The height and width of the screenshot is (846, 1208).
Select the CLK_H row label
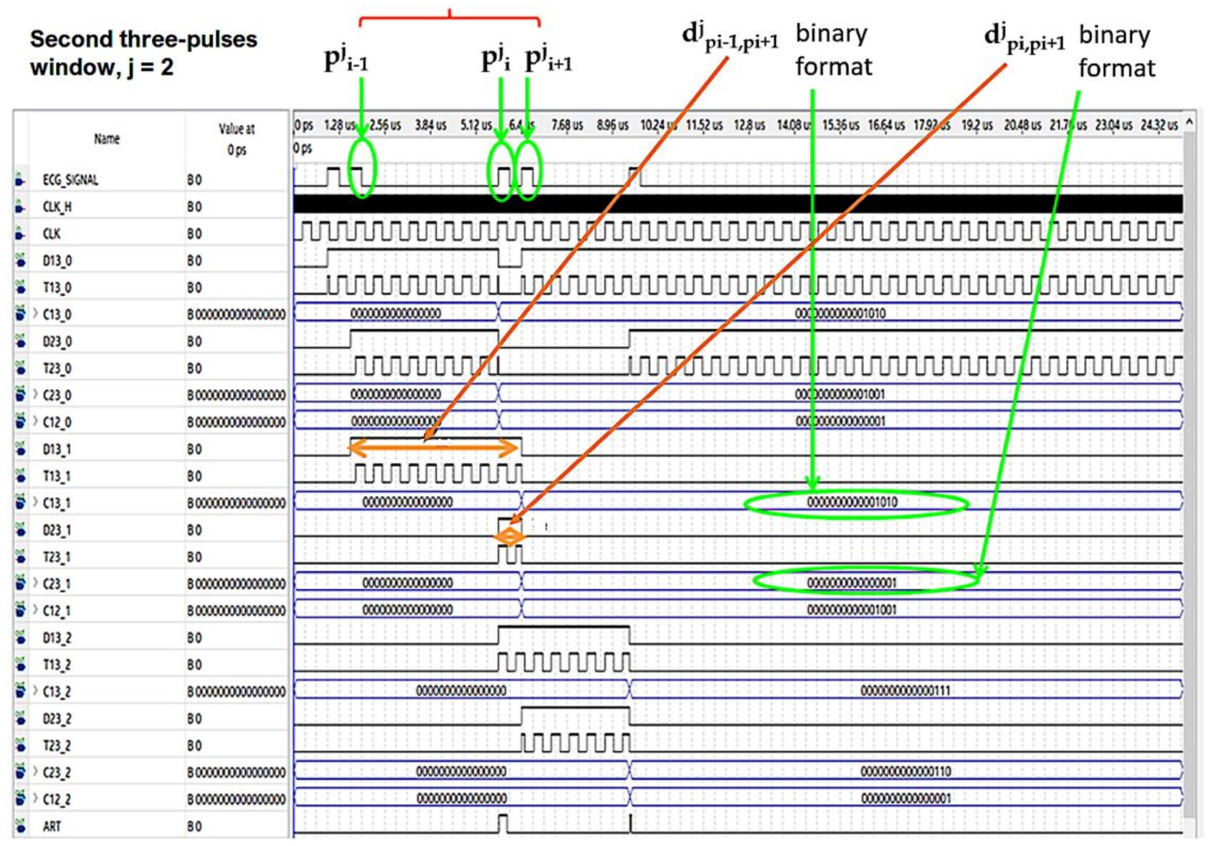57,207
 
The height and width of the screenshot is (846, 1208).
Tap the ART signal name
52,826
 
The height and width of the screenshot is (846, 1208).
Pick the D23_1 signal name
57,530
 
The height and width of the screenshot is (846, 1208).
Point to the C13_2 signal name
57,691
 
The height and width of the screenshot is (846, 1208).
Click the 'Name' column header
107,139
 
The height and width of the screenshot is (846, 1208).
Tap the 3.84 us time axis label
430,126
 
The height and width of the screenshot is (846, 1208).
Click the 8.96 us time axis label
613,126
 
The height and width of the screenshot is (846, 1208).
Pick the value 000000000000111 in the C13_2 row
906,691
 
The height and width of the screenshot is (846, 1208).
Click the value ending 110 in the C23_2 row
906,772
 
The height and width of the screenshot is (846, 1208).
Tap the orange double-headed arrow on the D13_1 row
434,448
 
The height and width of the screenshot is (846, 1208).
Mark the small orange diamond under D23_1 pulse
509,537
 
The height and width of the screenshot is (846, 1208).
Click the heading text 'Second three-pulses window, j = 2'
143,53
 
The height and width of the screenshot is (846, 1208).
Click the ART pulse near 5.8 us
503,823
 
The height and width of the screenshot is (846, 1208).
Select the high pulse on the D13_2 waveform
563,628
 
